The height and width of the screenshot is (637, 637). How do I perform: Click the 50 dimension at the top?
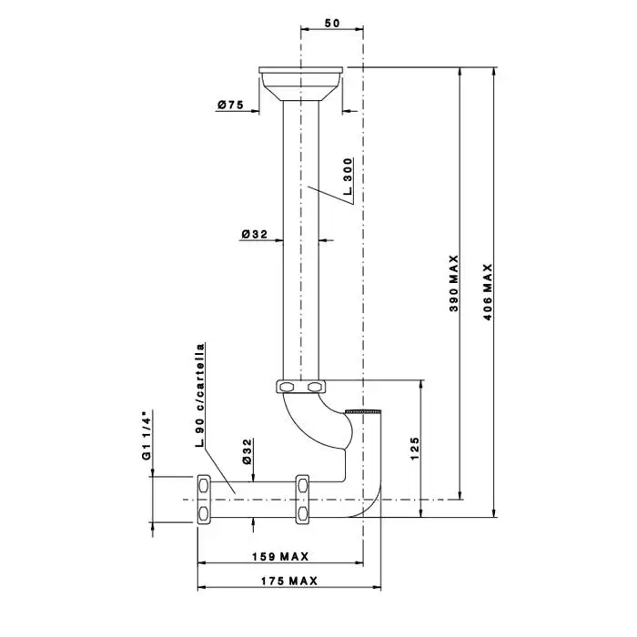(x=332, y=23)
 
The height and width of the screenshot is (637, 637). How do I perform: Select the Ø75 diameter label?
(x=231, y=105)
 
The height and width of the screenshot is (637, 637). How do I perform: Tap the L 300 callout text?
(x=348, y=177)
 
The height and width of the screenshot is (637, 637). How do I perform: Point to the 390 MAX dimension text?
(x=454, y=283)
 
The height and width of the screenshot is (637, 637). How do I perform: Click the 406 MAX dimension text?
(x=488, y=292)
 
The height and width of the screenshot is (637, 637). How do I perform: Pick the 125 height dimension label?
(x=414, y=449)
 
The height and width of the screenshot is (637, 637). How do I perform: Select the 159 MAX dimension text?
(x=280, y=556)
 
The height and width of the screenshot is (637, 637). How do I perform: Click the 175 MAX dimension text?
(x=289, y=581)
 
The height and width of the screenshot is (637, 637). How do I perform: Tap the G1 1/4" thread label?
(x=147, y=435)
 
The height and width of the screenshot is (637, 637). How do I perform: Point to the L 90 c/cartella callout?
(x=200, y=395)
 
